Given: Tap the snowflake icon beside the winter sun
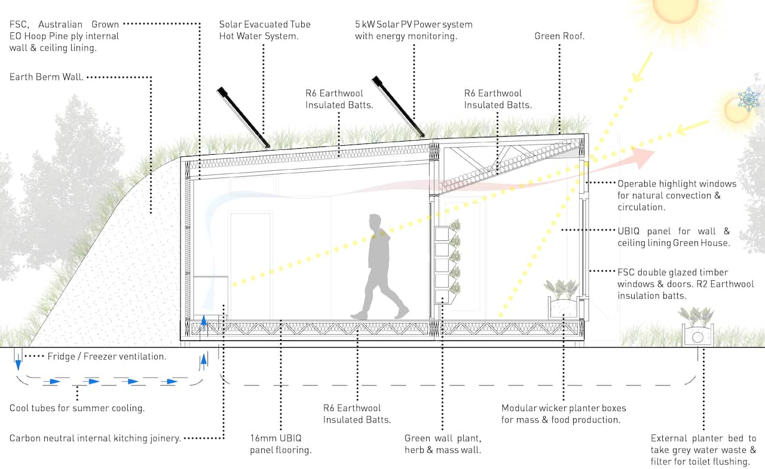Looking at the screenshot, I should coord(748,99).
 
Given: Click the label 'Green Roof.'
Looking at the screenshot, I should coord(559,36).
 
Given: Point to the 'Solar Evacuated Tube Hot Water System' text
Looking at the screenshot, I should coord(265,30).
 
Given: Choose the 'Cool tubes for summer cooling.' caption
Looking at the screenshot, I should coord(77,408).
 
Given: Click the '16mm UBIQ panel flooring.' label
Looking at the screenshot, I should coord(280,444).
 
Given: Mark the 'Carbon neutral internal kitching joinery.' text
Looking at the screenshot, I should coord(95,438).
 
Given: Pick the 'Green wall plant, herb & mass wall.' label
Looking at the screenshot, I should coord(443,444).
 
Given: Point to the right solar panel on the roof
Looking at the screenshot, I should coord(397,106).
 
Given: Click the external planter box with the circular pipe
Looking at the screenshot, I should coord(697,335).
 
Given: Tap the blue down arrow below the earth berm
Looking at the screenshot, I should coord(17,363).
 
